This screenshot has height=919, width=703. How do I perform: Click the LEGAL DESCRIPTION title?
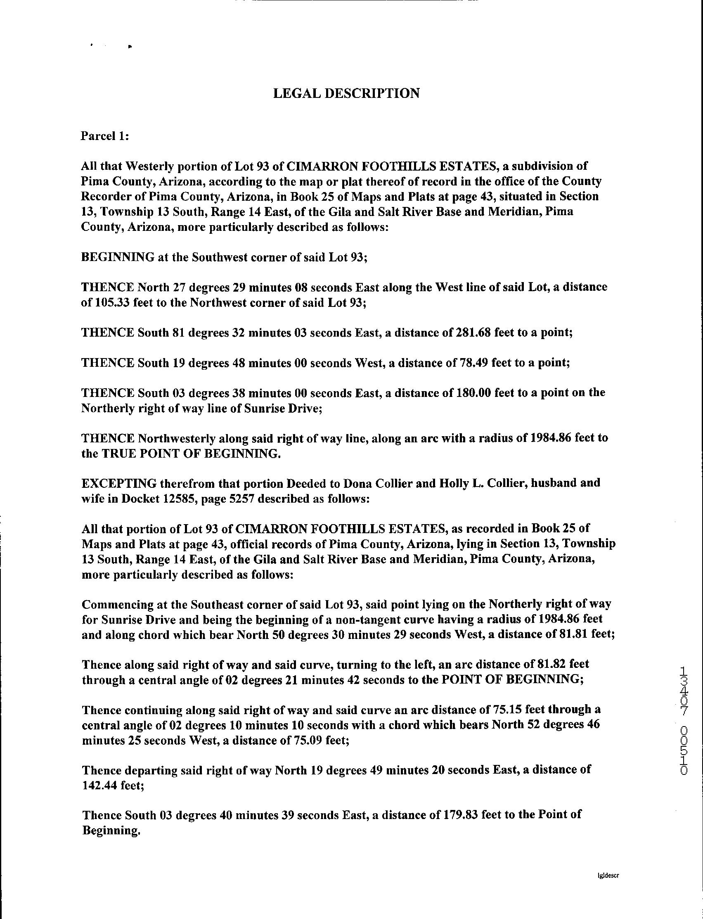pos(346,93)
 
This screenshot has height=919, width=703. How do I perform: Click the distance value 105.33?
pos(111,303)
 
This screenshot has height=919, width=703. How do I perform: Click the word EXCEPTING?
pos(119,483)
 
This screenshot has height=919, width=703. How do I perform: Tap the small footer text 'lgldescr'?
pos(608,874)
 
